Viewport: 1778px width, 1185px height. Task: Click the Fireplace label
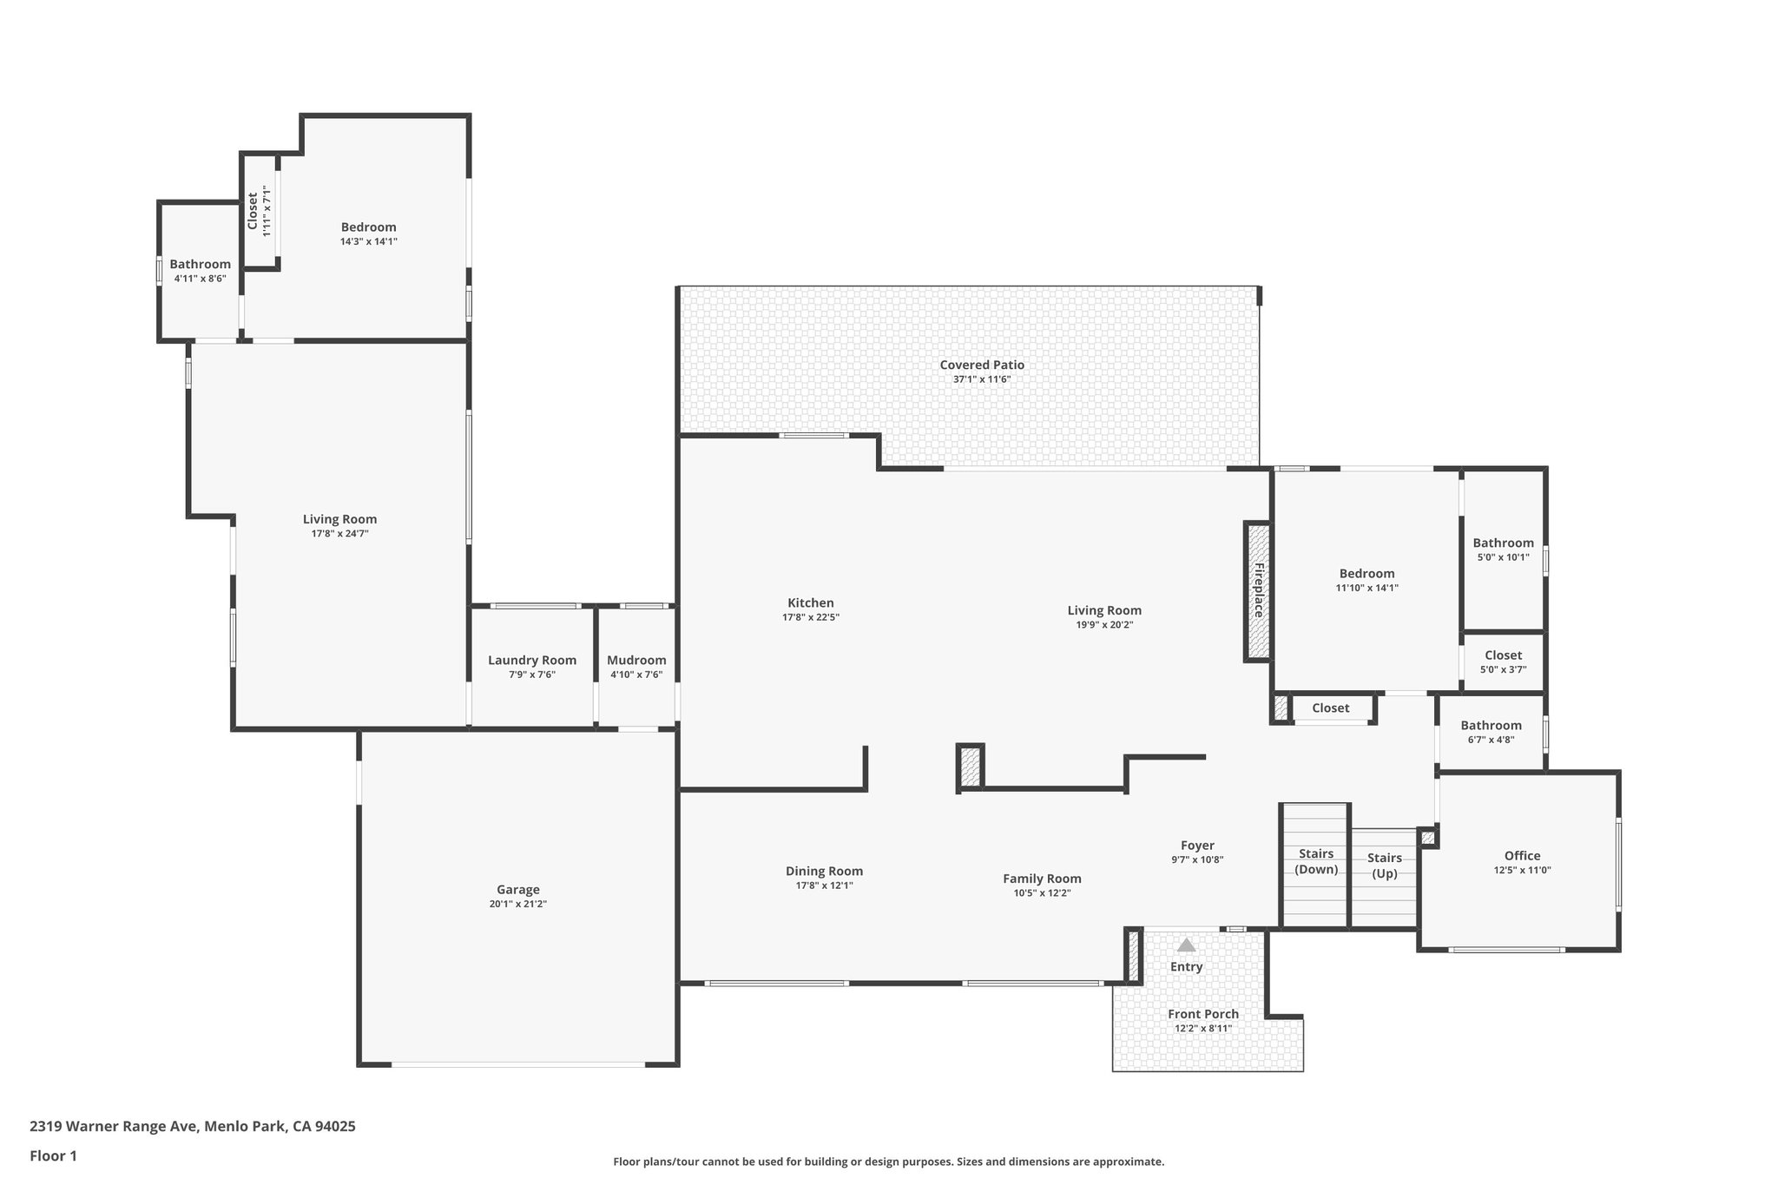click(x=1258, y=590)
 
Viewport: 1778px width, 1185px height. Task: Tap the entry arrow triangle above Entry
click(x=1186, y=945)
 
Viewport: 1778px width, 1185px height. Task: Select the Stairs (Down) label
click(x=1316, y=861)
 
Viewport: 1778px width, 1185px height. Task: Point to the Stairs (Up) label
click(x=1384, y=866)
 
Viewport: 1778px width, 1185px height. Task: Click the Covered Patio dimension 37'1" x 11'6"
click(x=981, y=379)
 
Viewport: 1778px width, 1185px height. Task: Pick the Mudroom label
click(x=636, y=660)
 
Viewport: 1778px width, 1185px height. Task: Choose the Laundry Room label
click(x=532, y=660)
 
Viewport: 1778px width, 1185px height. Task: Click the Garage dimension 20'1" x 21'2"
click(x=518, y=904)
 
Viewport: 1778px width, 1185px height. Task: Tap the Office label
click(x=1522, y=855)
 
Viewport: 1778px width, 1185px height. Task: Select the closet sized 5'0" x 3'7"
click(x=1503, y=662)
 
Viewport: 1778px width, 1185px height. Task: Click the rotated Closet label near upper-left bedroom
click(x=253, y=211)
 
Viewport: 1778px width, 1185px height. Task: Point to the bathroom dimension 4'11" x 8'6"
click(x=201, y=279)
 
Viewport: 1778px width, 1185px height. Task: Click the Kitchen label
click(x=810, y=602)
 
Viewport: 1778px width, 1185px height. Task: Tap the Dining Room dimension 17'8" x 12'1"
click(x=824, y=885)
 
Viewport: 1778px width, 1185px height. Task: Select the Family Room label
click(x=1042, y=879)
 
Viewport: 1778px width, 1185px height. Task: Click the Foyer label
click(x=1197, y=846)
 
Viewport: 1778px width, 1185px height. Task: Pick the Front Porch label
click(x=1203, y=1014)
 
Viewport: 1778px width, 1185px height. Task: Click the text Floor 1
click(x=54, y=1155)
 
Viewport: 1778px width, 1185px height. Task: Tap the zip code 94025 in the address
click(x=335, y=1127)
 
